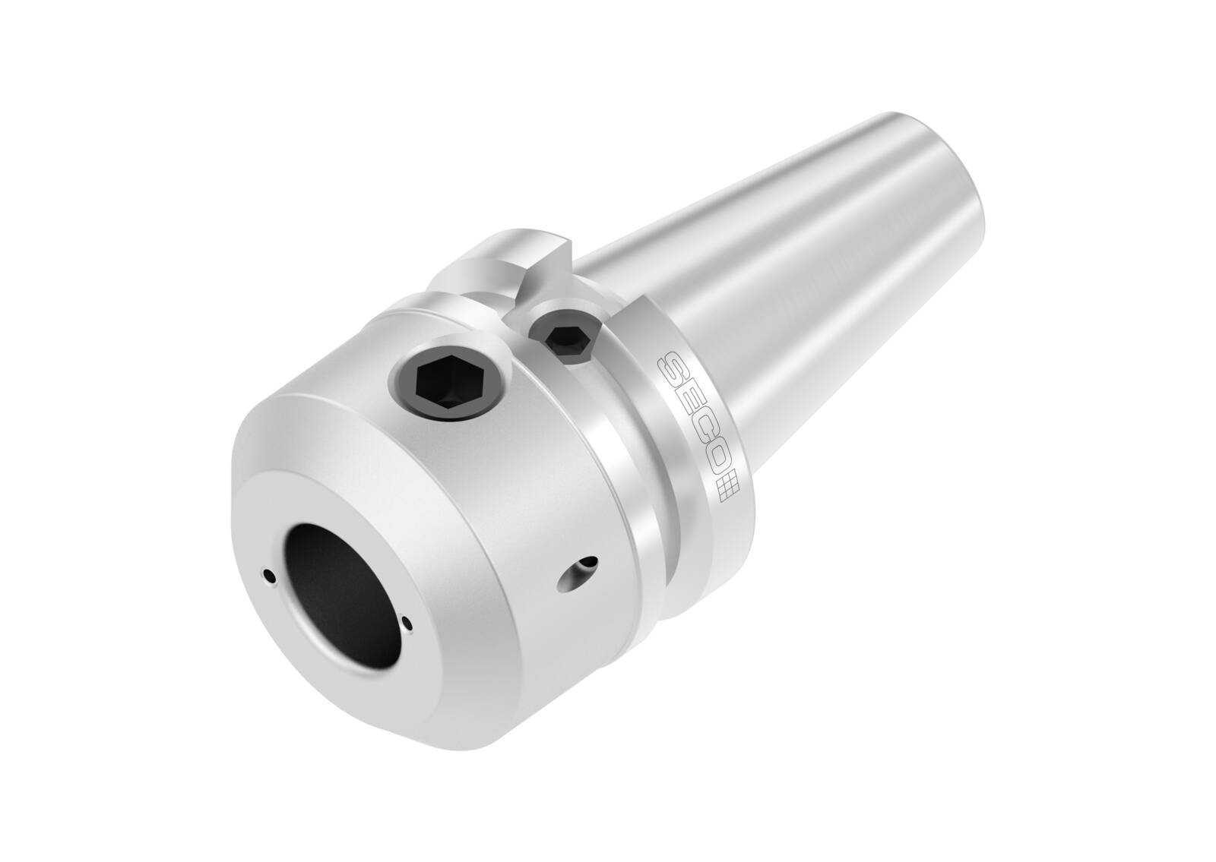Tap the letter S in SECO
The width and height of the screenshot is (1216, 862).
point(673,367)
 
